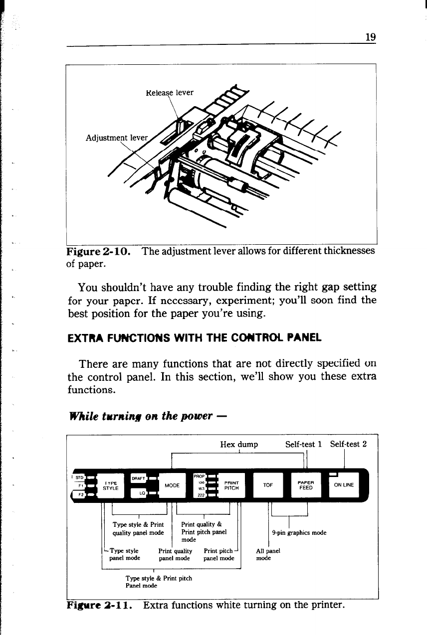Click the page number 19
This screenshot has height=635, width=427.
pos(370,37)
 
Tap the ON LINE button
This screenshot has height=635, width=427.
pos(344,484)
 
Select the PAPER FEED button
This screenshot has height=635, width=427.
pos(305,484)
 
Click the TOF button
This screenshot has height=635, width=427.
pos(268,484)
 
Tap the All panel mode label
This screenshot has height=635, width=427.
pos(267,555)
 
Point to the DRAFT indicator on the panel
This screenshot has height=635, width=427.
pos(138,477)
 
